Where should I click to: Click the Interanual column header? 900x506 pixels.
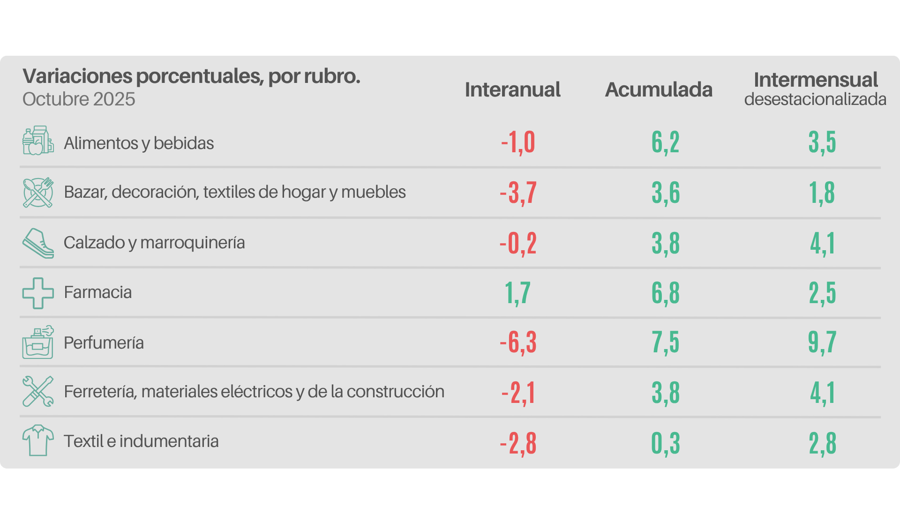coord(512,89)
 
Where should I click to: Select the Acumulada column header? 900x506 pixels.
coord(659,89)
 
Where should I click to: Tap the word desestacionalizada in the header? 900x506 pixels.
coord(815,99)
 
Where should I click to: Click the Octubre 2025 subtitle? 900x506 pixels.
coord(79,99)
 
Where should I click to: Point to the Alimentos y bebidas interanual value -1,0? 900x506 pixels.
coord(518,142)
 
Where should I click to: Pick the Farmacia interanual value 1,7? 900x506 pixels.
coord(517,293)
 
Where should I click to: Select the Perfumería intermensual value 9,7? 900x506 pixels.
coord(822,342)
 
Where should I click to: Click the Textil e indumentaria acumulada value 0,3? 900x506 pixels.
coord(666,443)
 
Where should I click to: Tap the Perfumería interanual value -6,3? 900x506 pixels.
coord(518,342)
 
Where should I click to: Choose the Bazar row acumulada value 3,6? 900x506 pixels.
coord(666,193)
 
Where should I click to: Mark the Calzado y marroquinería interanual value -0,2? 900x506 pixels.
coord(518,243)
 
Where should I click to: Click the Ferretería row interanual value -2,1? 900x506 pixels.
coord(518,393)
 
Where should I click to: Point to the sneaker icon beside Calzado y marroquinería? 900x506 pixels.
coord(38,243)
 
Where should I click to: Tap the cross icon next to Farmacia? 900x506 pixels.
coord(38,293)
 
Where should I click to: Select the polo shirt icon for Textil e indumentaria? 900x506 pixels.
coord(38,440)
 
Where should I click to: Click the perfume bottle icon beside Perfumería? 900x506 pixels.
coord(38,342)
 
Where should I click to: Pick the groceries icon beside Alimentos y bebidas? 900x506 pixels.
coord(38,141)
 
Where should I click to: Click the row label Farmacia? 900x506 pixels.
coord(97,292)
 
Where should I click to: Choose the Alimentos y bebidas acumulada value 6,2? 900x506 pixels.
coord(666,142)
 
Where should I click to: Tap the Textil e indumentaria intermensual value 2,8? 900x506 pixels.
coord(822,443)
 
